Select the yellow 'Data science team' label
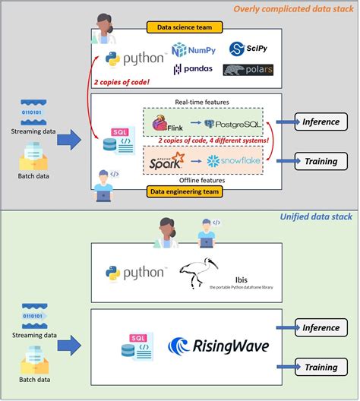pyautogui.click(x=185, y=27)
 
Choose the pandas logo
pyautogui.click(x=193, y=70)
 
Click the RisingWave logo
pyautogui.click(x=219, y=347)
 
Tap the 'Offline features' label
pyautogui.click(x=200, y=179)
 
